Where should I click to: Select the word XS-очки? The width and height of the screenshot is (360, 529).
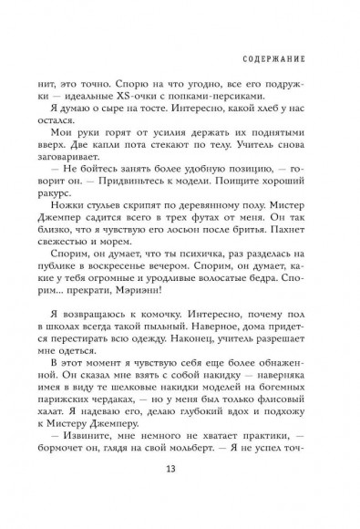[130, 98]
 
